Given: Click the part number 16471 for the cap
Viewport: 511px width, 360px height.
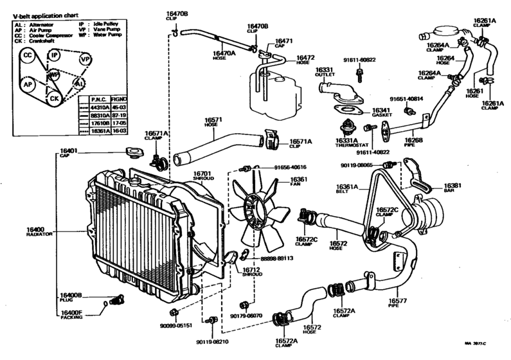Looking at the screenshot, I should click(x=283, y=41).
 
